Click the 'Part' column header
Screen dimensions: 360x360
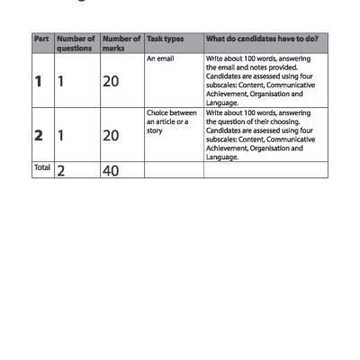pos(40,40)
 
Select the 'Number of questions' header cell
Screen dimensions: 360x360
pos(76,44)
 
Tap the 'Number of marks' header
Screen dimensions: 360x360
pos(121,44)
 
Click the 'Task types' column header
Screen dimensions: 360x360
pos(163,40)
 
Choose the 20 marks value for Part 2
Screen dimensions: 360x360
pos(112,136)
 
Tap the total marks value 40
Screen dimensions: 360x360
pos(112,170)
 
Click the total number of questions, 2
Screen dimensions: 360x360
pos(62,171)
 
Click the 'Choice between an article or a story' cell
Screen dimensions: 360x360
pos(170,121)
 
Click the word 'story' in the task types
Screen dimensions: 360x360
pos(154,130)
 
